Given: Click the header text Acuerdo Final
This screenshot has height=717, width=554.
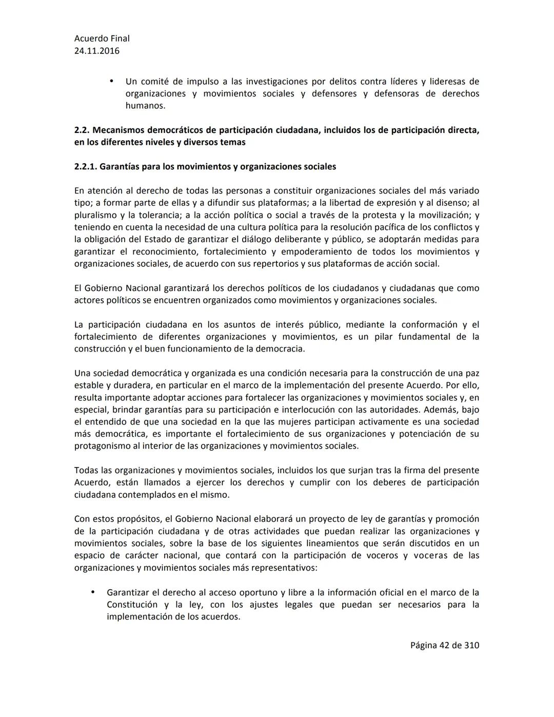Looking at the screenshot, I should (x=102, y=38).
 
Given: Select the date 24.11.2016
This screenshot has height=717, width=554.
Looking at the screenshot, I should (x=97, y=51).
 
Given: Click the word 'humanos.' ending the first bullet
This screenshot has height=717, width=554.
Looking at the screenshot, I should (x=145, y=106).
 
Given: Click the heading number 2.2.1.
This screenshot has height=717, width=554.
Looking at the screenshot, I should (x=86, y=167).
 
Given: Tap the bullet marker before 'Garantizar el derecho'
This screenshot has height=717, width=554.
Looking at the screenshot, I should (x=93, y=592).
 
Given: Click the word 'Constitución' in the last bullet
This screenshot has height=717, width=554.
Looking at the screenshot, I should (x=132, y=605).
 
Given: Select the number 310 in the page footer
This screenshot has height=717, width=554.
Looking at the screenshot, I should (x=471, y=645).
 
